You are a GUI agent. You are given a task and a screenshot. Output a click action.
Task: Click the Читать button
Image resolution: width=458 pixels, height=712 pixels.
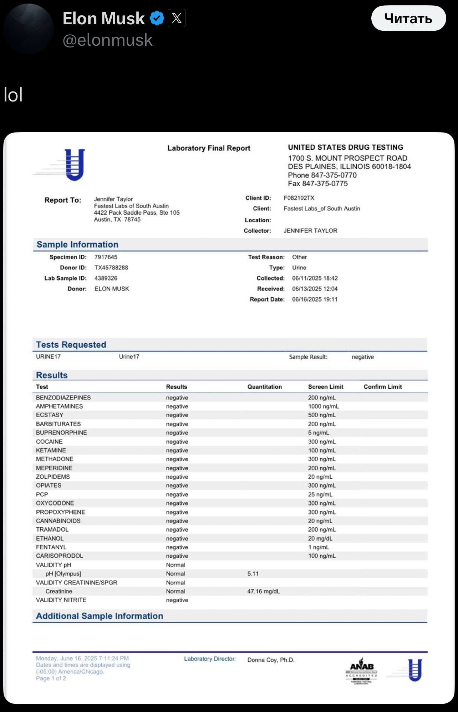408,18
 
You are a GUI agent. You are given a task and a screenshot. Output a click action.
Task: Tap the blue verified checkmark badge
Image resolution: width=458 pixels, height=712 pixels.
157,18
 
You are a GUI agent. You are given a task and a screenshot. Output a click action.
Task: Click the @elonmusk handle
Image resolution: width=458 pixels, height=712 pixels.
107,40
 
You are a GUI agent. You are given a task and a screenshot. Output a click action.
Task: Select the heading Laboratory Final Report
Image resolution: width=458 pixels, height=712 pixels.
209,148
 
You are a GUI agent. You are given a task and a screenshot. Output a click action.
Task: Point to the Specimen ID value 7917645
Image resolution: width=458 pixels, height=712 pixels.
106,257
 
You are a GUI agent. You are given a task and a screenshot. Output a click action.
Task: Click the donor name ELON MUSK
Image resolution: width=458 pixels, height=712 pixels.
112,289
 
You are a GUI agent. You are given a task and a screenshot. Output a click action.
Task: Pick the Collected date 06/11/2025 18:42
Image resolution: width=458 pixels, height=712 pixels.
315,278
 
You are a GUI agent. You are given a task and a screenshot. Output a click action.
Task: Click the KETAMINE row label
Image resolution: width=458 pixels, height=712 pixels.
51,450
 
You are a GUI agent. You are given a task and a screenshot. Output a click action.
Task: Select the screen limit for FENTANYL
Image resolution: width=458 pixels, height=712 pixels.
319,547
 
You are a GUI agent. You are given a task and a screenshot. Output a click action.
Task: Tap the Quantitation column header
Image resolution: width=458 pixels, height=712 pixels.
264,387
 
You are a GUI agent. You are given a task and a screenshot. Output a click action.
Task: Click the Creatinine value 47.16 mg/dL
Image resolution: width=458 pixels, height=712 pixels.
263,591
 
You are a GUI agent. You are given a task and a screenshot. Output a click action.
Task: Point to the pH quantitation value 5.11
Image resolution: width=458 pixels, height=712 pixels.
253,574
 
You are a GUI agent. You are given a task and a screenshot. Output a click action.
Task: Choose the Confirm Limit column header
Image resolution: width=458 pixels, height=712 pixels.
382,387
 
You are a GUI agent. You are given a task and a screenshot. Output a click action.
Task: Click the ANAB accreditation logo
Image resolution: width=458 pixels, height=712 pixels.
361,671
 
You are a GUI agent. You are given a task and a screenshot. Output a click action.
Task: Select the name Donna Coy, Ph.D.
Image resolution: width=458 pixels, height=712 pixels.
271,660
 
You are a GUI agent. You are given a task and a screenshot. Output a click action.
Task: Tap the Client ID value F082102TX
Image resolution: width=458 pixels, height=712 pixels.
299,198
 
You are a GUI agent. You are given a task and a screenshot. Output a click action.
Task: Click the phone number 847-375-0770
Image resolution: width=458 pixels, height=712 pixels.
334,175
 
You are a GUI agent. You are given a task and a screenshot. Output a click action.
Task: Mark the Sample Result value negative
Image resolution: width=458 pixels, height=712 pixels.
363,357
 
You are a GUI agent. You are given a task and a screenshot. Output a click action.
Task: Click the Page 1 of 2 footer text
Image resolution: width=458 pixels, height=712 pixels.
51,678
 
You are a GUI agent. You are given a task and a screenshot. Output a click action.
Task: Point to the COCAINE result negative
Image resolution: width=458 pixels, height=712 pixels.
177,442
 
